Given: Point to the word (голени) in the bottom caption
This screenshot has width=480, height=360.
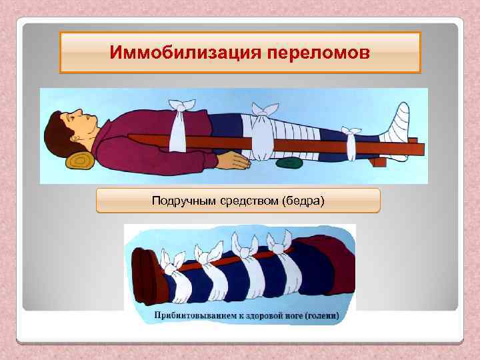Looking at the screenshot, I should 320,315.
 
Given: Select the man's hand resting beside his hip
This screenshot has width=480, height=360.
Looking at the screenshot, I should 233,159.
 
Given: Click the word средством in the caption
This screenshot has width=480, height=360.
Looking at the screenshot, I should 237,200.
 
